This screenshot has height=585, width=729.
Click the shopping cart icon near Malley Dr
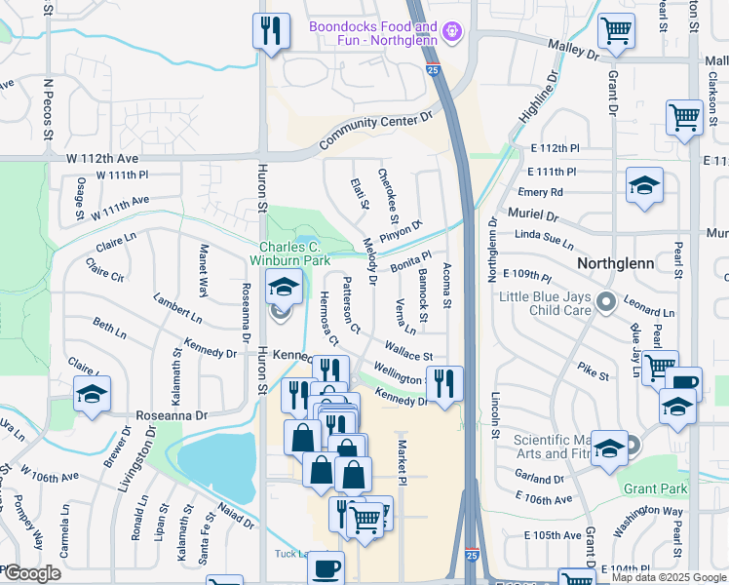point(616,31)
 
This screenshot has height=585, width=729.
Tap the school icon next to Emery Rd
point(644,185)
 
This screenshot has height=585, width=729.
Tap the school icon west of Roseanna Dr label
point(93,393)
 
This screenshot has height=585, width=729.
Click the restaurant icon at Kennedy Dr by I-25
point(444,381)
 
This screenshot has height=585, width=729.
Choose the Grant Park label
point(656,488)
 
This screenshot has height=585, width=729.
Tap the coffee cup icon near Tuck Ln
point(326,565)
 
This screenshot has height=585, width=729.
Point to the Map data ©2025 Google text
point(669,577)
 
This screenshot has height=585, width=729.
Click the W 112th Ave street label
point(102,157)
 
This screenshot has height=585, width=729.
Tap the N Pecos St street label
point(46,109)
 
